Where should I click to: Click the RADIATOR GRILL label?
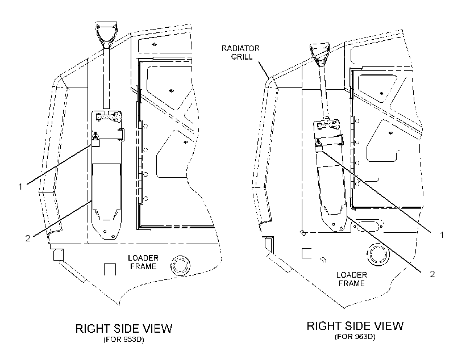coord(240,52)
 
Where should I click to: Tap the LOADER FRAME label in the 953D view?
coord(143,262)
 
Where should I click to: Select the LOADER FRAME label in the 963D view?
coord(352,279)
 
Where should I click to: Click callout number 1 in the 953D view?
coord(20,187)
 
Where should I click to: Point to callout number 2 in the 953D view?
coord(28,238)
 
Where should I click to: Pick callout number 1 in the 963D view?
coord(442,235)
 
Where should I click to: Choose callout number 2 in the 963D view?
coord(432,274)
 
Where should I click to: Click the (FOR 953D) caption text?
coord(124,339)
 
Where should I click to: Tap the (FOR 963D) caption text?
coord(355,337)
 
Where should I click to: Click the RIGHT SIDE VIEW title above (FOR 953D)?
coord(124,329)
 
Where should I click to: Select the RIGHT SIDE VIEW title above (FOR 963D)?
coord(355,326)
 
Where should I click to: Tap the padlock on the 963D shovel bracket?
coord(318,146)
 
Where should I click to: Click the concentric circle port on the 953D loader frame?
coord(180,265)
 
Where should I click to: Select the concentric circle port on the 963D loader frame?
coord(378,254)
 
